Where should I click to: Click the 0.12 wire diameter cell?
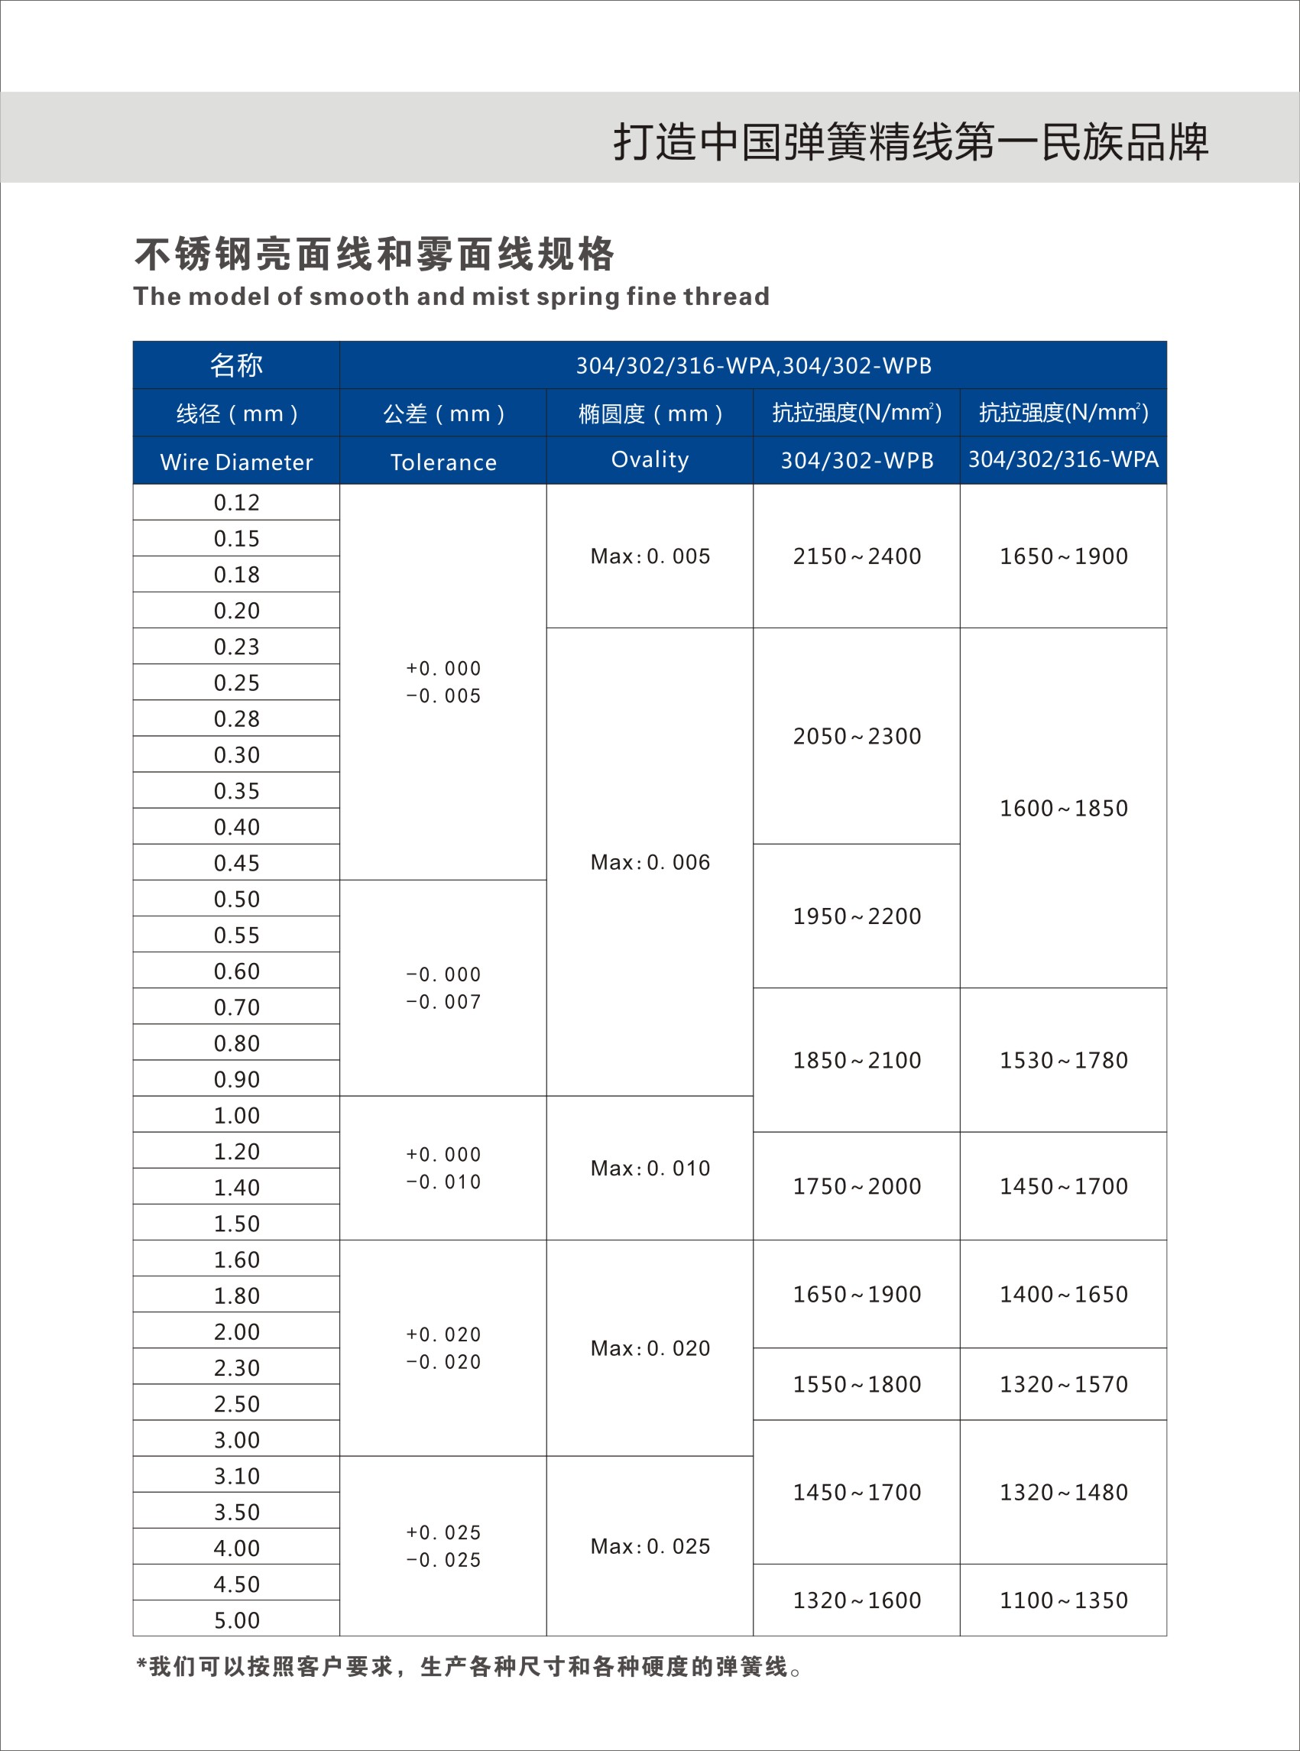point(236,502)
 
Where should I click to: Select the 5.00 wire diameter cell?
point(236,1620)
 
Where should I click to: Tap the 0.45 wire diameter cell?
point(236,863)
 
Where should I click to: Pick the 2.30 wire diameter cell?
point(236,1368)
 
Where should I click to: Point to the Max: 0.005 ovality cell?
point(650,556)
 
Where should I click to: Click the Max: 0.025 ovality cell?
point(650,1546)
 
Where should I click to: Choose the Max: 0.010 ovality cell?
point(650,1168)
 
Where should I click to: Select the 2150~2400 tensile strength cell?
point(856,556)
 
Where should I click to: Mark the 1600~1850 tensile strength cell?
point(1063,808)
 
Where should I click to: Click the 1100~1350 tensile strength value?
point(1063,1600)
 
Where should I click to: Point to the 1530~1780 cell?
point(1063,1060)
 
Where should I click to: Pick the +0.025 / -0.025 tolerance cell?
point(443,1546)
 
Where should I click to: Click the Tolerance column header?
point(443,462)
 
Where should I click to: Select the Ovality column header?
point(650,459)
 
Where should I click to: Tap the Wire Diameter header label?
point(236,462)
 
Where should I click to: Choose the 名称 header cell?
point(236,365)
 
